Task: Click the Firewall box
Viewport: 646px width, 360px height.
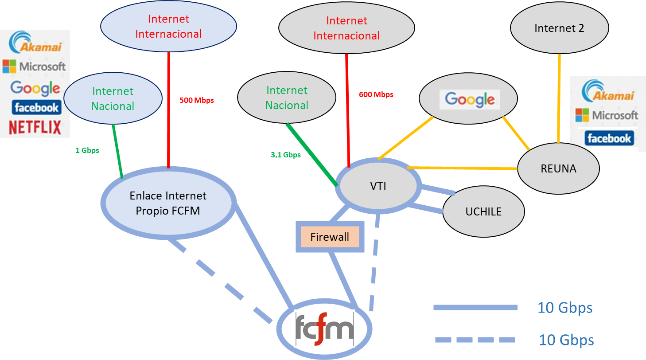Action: [330, 237]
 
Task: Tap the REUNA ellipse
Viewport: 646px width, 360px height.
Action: [558, 168]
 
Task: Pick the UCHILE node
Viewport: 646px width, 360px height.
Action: [483, 211]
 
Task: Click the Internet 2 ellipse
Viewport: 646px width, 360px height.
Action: [559, 28]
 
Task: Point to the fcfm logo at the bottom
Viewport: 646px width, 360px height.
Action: [325, 329]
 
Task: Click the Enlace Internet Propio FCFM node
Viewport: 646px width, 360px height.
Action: [168, 203]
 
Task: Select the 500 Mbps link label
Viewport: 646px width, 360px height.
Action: [196, 100]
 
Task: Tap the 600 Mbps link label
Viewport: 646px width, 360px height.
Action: [376, 94]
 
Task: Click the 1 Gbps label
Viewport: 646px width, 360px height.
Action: [87, 150]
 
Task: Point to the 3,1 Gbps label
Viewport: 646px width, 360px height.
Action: [285, 155]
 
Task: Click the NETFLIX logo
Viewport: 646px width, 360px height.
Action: [35, 127]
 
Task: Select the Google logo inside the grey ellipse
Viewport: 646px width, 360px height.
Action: [470, 100]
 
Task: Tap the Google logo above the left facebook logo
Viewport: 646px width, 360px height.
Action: [35, 88]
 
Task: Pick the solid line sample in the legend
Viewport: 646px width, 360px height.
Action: [475, 307]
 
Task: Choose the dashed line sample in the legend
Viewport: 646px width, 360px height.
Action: [475, 340]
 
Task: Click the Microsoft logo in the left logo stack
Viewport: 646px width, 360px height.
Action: [34, 67]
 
